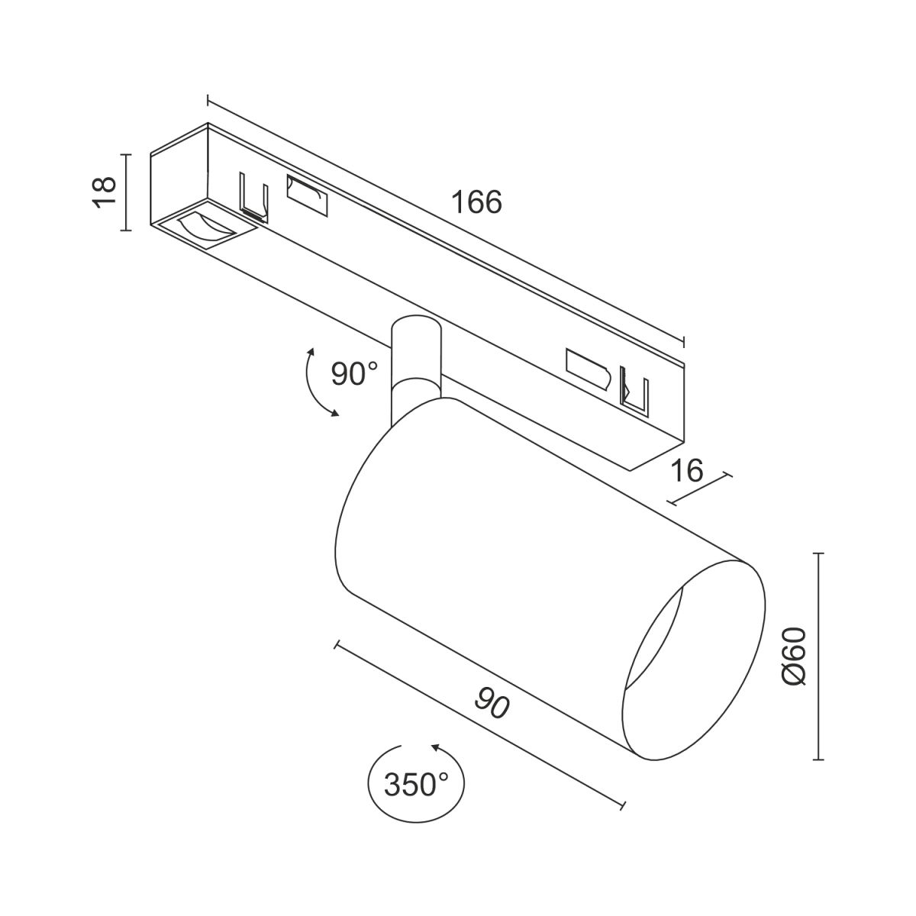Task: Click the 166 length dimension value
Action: (476, 202)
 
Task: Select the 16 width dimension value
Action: (688, 471)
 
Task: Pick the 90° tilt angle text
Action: (354, 374)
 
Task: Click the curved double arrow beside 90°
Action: (316, 382)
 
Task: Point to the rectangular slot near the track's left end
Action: (306, 195)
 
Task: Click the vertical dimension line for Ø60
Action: (819, 656)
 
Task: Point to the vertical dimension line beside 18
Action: (127, 191)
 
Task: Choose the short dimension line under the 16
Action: (699, 489)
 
